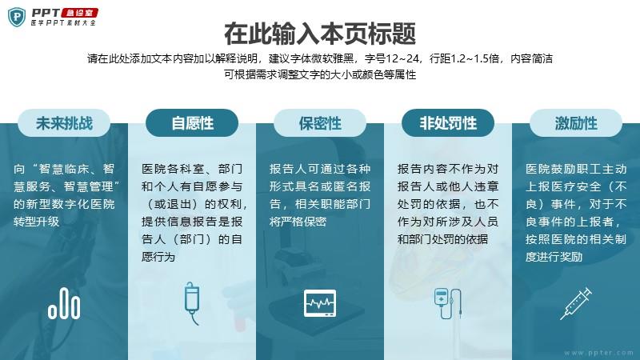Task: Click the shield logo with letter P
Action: pyautogui.click(x=17, y=17)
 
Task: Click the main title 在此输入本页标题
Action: pyautogui.click(x=320, y=34)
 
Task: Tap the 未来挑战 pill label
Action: pyautogui.click(x=64, y=123)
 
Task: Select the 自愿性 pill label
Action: pyautogui.click(x=192, y=123)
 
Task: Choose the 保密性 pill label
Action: pyautogui.click(x=320, y=123)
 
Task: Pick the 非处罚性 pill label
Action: pyautogui.click(x=448, y=123)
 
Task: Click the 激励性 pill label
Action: pyautogui.click(x=576, y=123)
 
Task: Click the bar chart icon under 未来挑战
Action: pyautogui.click(x=64, y=303)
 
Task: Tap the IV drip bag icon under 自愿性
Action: pyautogui.click(x=192, y=303)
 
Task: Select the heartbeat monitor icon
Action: pyautogui.click(x=320, y=303)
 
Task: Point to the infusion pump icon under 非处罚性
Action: pyautogui.click(x=448, y=303)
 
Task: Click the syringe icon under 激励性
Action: pyautogui.click(x=576, y=303)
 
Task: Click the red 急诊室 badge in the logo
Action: pyautogui.click(x=79, y=13)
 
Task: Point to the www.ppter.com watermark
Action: pyautogui.click(x=598, y=353)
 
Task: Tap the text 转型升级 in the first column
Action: pyautogui.click(x=37, y=222)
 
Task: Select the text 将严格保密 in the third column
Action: pyautogui.click(x=298, y=222)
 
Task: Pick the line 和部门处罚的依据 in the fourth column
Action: pyautogui.click(x=443, y=239)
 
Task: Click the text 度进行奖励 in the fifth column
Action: pyautogui.click(x=554, y=257)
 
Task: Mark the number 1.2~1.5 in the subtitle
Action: pyautogui.click(x=478, y=58)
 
